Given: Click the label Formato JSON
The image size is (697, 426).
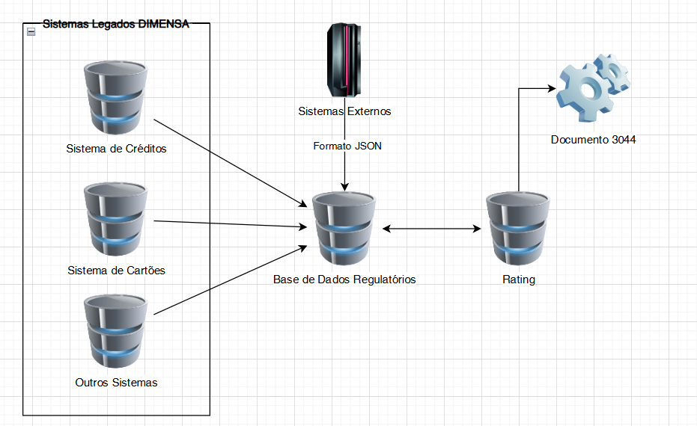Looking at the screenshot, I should pos(347,146).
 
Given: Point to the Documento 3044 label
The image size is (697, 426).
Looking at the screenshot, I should pos(594,140).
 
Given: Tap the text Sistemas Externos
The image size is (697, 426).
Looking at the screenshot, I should pos(344,112).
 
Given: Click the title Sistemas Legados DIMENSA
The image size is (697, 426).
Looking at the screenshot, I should pos(116,24).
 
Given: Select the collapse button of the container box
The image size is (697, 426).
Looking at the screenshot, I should pos(31,31).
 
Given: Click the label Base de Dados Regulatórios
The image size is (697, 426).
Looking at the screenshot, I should pos(344,280).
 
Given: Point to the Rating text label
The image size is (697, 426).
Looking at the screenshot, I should pos(519,280).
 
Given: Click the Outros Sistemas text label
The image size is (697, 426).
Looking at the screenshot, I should pos(117,383).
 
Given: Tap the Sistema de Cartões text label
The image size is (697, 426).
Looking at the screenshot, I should pos(116,271).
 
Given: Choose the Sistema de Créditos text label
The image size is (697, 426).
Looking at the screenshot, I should pos(116,149).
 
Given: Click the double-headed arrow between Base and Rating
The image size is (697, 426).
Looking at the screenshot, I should pos(431,229).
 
